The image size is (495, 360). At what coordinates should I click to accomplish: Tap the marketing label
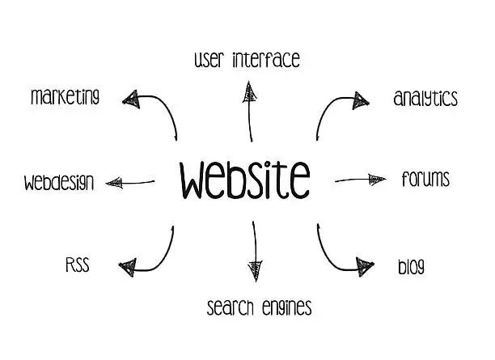click(x=66, y=97)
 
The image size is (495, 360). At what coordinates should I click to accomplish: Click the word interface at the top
click(x=266, y=59)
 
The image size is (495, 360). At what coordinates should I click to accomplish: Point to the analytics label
click(x=425, y=99)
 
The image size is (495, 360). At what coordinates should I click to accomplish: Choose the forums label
click(x=425, y=179)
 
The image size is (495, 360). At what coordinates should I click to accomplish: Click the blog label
click(x=411, y=266)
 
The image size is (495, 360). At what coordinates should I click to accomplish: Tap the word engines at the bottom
click(x=286, y=307)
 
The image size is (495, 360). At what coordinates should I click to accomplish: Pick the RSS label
click(x=77, y=265)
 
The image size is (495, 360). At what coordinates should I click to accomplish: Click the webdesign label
click(x=59, y=181)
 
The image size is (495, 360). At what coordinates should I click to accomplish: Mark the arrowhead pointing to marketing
click(x=132, y=99)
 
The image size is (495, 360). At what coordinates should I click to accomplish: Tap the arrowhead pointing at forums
click(x=377, y=178)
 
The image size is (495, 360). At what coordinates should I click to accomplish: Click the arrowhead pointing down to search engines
click(x=256, y=264)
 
